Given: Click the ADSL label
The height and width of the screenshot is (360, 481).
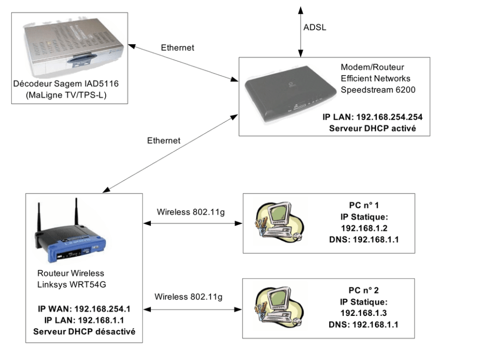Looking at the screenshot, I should (315, 28).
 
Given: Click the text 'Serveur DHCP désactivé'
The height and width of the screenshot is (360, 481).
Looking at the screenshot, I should (84, 331).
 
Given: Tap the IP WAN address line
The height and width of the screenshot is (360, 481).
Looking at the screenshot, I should (84, 309).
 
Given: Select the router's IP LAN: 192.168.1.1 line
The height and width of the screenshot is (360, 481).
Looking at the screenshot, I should (84, 320).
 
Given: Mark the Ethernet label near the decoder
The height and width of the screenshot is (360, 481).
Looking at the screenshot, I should (177, 47).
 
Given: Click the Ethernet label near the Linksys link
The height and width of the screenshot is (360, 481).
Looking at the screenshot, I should (163, 141).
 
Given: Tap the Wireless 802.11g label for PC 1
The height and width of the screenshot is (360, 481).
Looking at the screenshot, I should (191, 212).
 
